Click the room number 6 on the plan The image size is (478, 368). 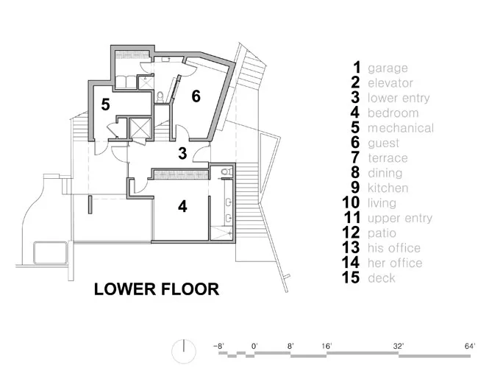click(x=196, y=96)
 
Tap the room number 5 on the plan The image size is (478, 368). click(x=105, y=105)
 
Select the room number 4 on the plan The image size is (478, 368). click(x=182, y=207)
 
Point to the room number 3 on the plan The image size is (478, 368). click(x=182, y=153)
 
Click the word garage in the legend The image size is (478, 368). click(x=388, y=68)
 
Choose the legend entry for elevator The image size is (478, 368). click(x=390, y=83)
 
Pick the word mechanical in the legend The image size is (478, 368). click(x=401, y=128)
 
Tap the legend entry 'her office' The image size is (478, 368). click(x=395, y=263)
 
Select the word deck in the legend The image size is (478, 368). click(x=382, y=277)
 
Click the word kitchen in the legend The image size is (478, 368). click(x=388, y=188)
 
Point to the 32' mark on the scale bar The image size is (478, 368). click(x=398, y=346)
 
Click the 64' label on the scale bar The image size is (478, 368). click(x=470, y=346)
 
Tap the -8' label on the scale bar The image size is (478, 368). click(x=219, y=346)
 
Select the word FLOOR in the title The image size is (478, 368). click(x=190, y=289)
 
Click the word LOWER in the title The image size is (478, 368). click(x=125, y=289)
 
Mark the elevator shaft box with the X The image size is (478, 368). click(x=140, y=129)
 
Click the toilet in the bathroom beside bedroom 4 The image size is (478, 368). click(x=226, y=171)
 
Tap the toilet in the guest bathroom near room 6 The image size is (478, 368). click(x=160, y=97)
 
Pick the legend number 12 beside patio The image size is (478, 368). click(x=351, y=233)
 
